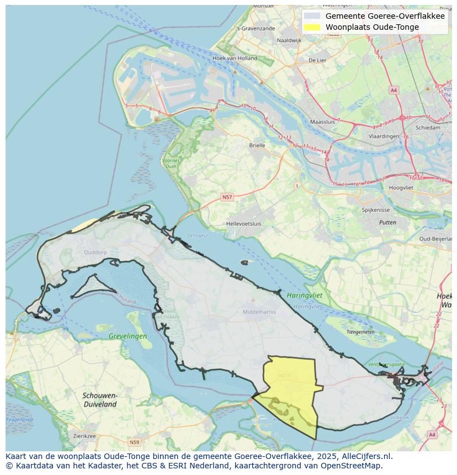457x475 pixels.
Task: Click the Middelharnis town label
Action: (259, 312)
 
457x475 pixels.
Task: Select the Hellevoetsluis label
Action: (243, 223)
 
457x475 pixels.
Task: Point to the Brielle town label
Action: (257, 146)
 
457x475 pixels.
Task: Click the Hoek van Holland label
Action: (235, 58)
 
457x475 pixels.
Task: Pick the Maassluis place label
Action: (323, 121)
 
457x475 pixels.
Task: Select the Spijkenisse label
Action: (376, 210)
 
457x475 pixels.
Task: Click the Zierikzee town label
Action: (84, 436)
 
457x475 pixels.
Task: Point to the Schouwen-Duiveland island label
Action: (100, 399)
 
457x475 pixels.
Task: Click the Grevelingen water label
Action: (127, 336)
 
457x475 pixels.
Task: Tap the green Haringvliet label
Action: (304, 296)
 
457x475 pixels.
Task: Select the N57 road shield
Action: (227, 197)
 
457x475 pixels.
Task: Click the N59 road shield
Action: (134, 442)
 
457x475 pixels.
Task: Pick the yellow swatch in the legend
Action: (312, 27)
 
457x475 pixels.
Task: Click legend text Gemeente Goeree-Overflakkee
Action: (385, 16)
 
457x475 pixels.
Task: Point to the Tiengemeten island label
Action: (360, 332)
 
